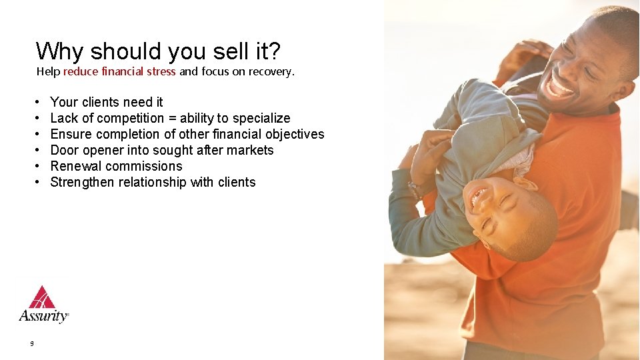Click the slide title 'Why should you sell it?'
pyautogui.click(x=158, y=51)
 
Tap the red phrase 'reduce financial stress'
pyautogui.click(x=119, y=71)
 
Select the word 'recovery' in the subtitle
pyautogui.click(x=269, y=71)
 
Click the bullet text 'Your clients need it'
pyautogui.click(x=107, y=102)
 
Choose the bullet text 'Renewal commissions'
pyautogui.click(x=116, y=166)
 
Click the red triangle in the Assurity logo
pyautogui.click(x=43, y=297)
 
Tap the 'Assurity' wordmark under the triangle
pyautogui.click(x=43, y=315)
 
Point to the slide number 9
pyautogui.click(x=31, y=344)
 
